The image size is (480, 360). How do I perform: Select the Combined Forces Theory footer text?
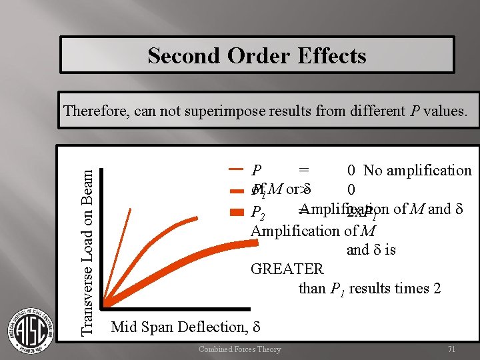tap(240, 349)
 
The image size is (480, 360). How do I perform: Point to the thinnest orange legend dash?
tap(235, 171)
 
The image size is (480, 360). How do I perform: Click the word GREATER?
tap(287, 269)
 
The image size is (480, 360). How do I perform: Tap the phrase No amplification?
tap(417, 171)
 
